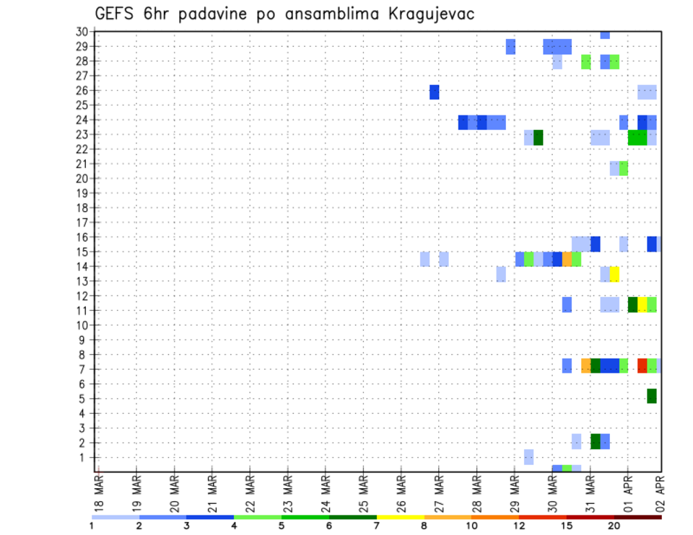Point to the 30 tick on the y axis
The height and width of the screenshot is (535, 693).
[x=82, y=32]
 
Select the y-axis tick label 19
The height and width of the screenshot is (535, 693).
[x=82, y=193]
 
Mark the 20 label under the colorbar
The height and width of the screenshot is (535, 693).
[x=614, y=526]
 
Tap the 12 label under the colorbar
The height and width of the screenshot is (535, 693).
[x=520, y=526]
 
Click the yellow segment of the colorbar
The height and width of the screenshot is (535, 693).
[x=400, y=517]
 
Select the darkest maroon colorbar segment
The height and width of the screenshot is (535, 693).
[x=637, y=517]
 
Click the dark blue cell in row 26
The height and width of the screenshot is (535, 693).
[x=434, y=92]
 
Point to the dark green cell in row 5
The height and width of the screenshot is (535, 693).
[x=652, y=396]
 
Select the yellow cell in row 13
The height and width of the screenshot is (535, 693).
[x=614, y=274]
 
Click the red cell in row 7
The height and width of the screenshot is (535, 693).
[x=642, y=366]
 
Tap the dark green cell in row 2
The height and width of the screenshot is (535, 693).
[x=596, y=441]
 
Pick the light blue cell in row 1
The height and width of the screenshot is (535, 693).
[x=528, y=456]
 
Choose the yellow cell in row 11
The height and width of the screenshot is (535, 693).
[x=642, y=304]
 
